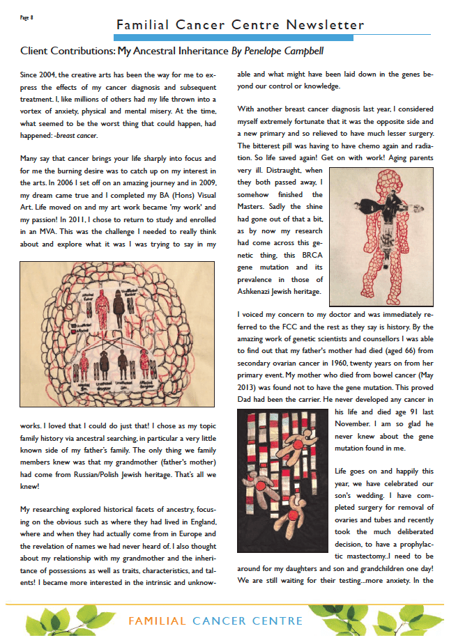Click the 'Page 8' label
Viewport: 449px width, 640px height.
pyautogui.click(x=29, y=17)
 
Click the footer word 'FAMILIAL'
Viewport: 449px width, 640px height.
pyautogui.click(x=158, y=621)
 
